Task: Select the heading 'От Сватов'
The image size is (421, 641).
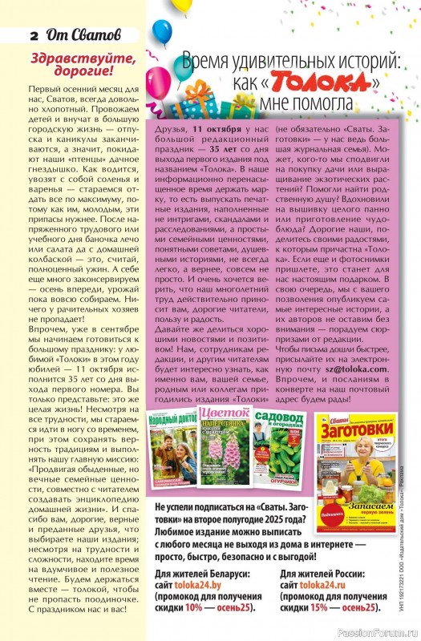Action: point(79,35)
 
